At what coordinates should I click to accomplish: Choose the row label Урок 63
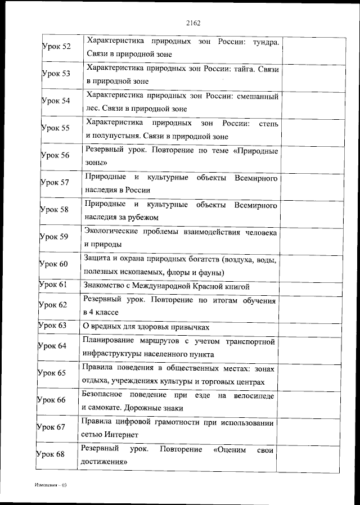tap(52, 326)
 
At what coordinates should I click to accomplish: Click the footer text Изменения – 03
tap(49, 484)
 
